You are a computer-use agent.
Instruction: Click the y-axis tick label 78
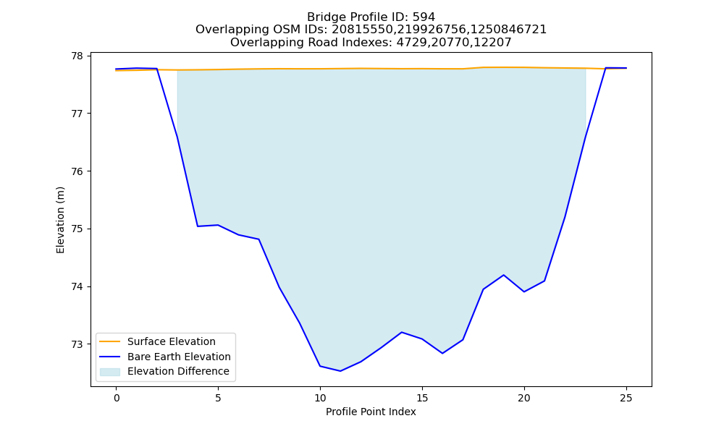coord(77,56)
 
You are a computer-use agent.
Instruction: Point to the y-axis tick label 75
coord(77,229)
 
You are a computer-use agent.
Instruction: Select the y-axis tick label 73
coord(77,344)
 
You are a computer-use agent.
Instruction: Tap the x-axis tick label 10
coord(320,398)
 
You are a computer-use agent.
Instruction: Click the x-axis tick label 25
coord(626,398)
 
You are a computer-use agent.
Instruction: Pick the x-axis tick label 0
coord(117,398)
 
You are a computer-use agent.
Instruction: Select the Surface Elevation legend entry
coord(157,341)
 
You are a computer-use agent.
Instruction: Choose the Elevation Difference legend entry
coord(164,371)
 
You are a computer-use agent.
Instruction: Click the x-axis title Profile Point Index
coord(371,412)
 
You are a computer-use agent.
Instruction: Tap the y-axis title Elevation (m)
coord(60,220)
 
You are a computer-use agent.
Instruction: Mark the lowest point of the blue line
coord(340,371)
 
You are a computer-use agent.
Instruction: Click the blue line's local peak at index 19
coord(504,275)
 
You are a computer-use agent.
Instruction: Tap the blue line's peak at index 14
coord(402,332)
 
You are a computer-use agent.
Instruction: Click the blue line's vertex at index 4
coord(198,226)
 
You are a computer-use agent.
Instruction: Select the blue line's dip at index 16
coord(442,353)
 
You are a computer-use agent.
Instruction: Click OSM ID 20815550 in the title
coord(361,30)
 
